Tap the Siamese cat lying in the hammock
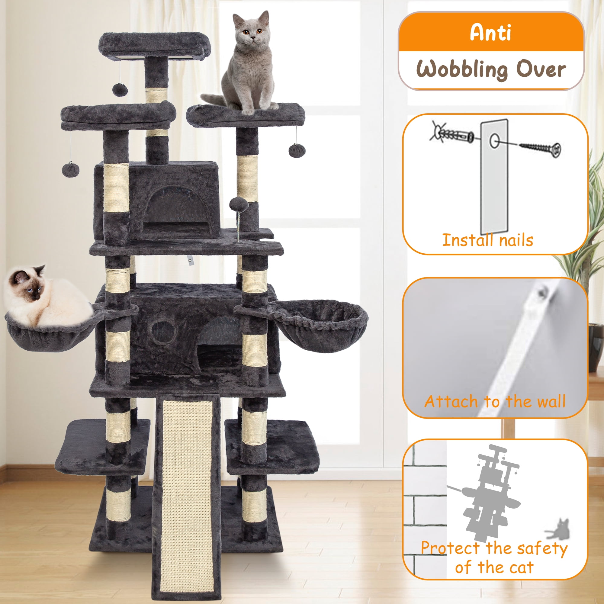(x=47, y=295)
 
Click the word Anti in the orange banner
(x=490, y=32)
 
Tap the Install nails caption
(x=487, y=240)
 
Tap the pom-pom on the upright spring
(x=239, y=204)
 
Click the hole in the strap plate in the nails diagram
(x=494, y=141)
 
